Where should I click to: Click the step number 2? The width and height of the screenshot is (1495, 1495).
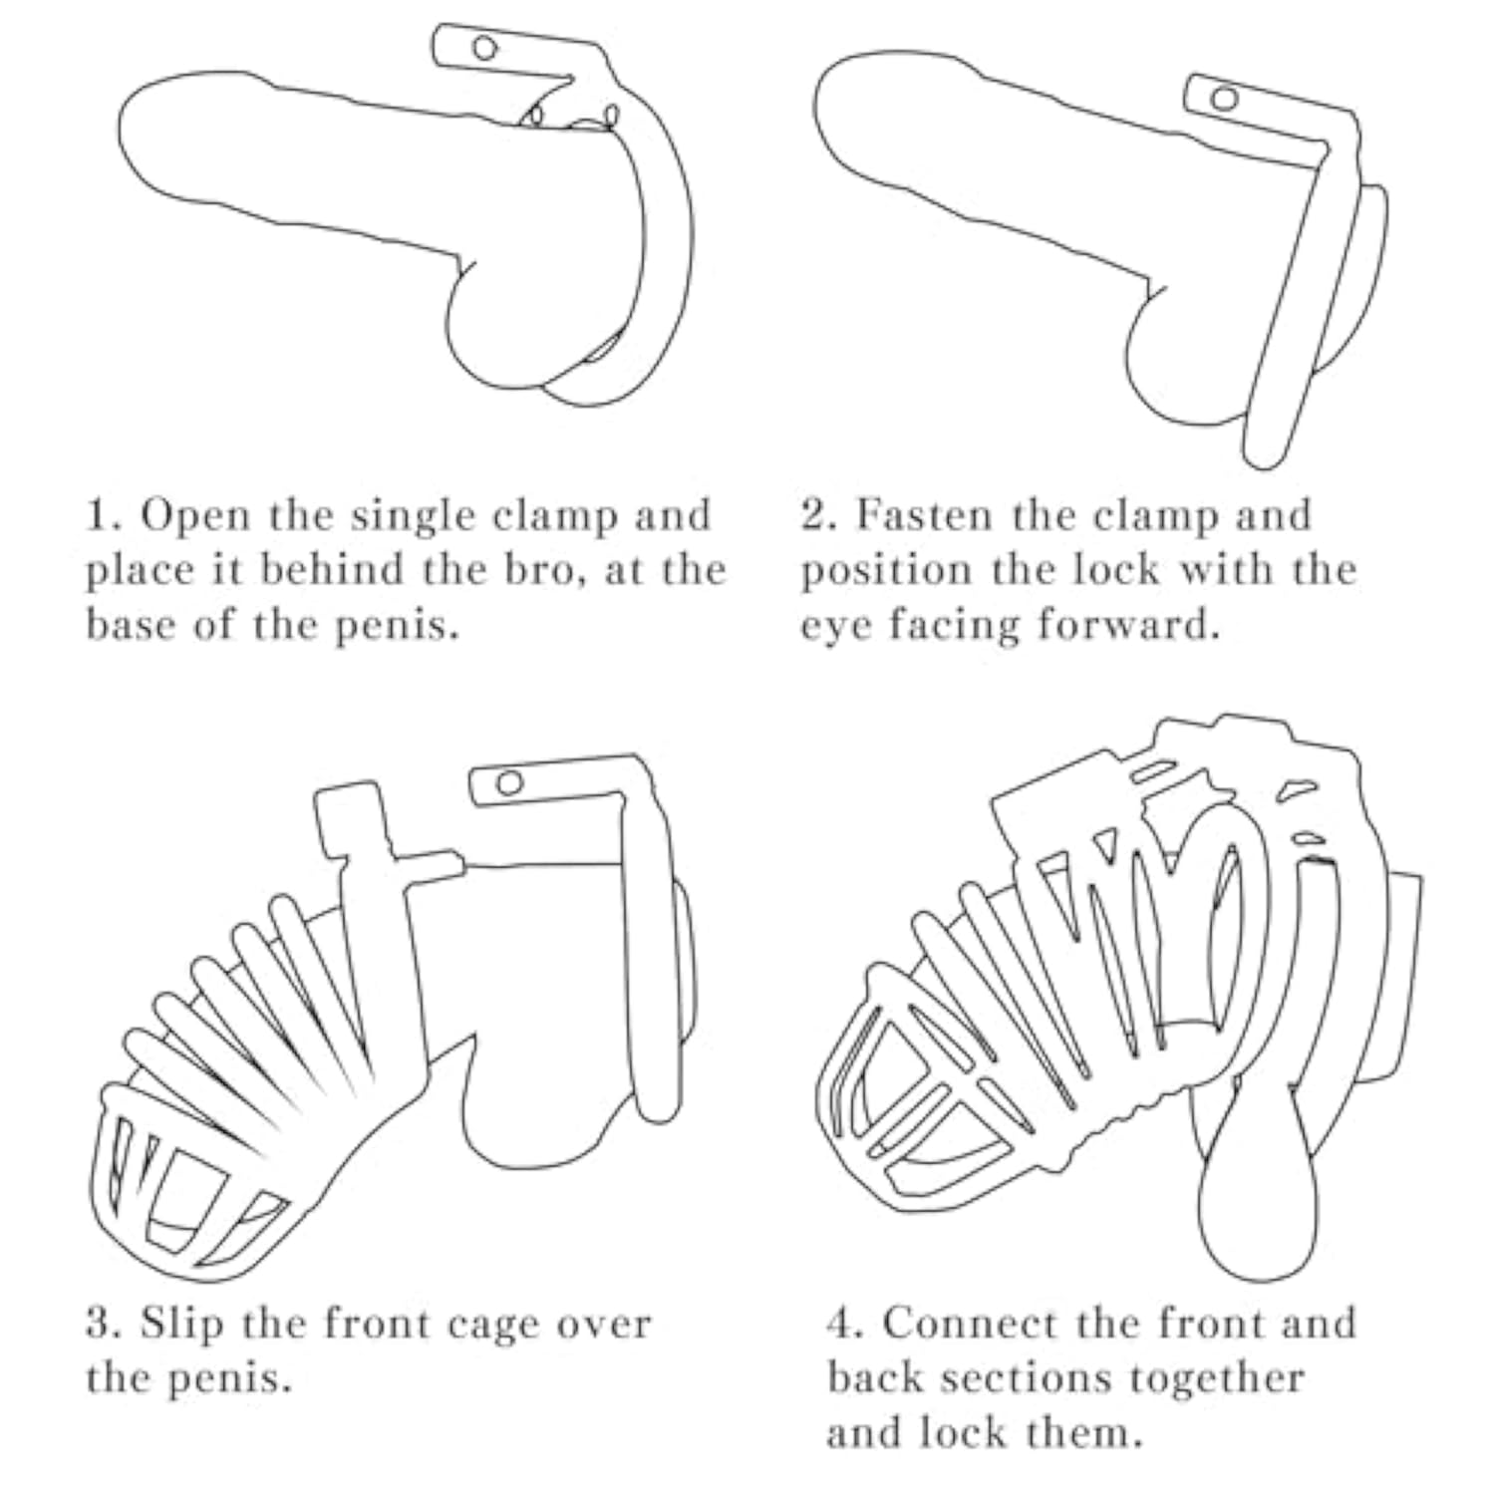814,516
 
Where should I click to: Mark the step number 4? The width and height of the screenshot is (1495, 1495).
842,1324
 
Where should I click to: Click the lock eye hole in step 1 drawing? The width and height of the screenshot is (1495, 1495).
484,48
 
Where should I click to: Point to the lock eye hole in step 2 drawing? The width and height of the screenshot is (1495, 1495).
1226,99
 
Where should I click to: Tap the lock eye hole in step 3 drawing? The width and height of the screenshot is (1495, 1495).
509,782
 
